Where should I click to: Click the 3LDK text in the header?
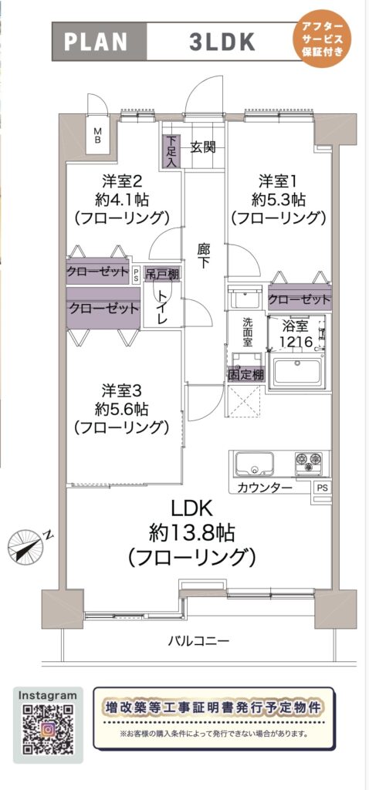(x=222, y=42)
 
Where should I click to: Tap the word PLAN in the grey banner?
(x=96, y=42)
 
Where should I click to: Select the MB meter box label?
(x=98, y=134)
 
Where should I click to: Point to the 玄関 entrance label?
(x=203, y=147)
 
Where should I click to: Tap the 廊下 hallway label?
(x=203, y=255)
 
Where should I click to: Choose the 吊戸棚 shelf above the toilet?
(x=163, y=275)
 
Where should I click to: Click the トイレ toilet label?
(x=162, y=306)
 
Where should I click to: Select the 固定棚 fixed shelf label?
(x=245, y=375)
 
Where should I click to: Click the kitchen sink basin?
(x=255, y=464)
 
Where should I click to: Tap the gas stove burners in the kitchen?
(x=309, y=461)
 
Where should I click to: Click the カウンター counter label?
(x=264, y=488)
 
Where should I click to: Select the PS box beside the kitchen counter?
(x=322, y=488)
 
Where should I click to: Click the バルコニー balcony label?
(x=198, y=641)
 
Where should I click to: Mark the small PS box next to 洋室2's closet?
(x=136, y=275)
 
